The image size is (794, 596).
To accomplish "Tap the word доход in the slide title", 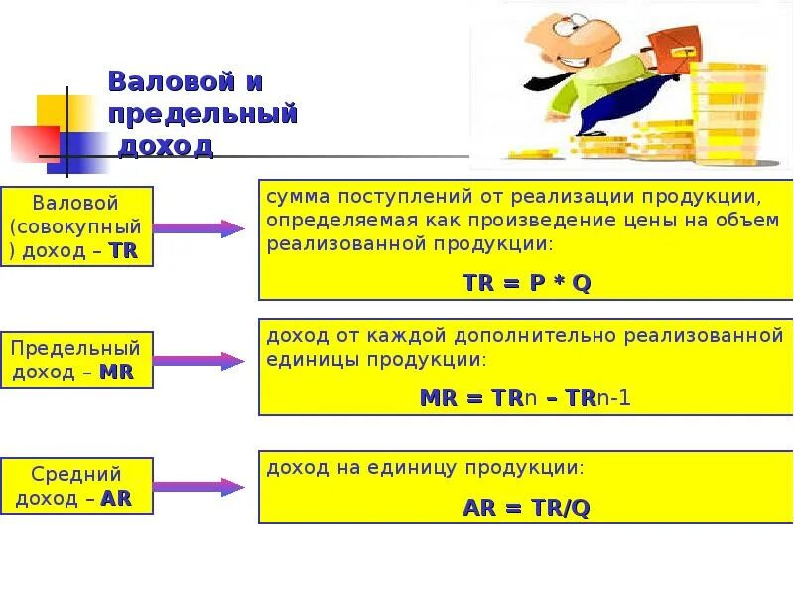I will click(166, 146).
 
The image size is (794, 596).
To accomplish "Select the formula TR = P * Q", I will click(527, 282).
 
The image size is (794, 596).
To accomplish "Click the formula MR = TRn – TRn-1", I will click(526, 398).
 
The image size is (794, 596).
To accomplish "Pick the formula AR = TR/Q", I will click(526, 508).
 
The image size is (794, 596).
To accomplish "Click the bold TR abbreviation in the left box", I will click(123, 250).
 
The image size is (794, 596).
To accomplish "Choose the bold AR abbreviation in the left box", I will click(116, 498).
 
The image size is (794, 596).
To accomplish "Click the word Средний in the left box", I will click(76, 475).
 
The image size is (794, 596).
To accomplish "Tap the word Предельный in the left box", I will click(76, 349).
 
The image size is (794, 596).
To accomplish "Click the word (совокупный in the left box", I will click(76, 226).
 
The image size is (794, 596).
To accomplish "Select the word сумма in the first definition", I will click(293, 196).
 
